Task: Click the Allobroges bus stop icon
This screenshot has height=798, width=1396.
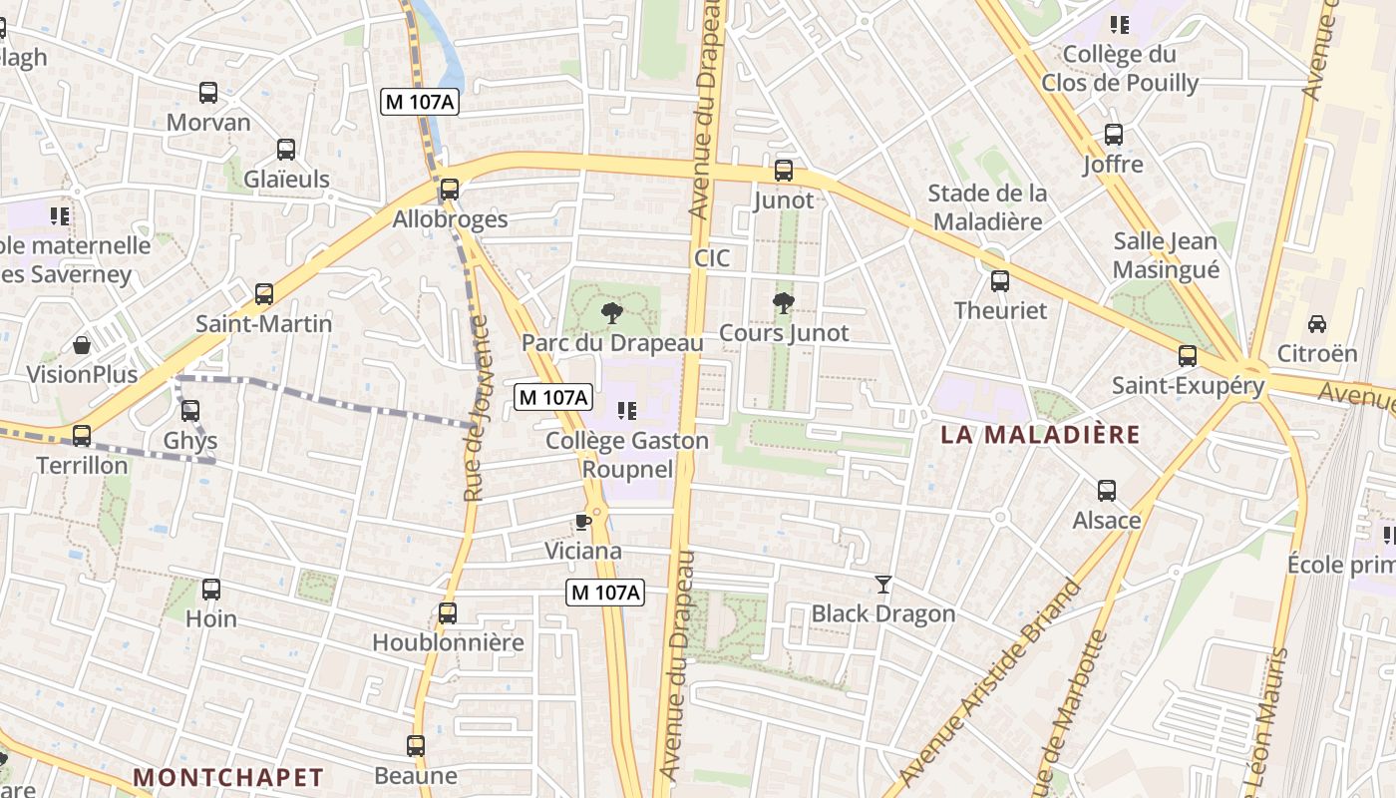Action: tap(450, 190)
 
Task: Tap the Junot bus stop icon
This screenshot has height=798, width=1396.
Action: tap(784, 171)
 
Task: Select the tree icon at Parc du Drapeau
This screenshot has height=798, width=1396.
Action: tap(612, 313)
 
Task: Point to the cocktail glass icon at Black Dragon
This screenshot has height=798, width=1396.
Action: tap(883, 585)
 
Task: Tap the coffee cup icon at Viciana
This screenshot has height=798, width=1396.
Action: tap(583, 522)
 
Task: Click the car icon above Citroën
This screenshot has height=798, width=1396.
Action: tap(1317, 324)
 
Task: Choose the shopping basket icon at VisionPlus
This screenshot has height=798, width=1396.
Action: tap(82, 346)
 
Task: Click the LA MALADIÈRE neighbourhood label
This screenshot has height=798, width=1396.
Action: tap(1040, 435)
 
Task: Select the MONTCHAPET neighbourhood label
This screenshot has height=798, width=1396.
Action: tap(228, 777)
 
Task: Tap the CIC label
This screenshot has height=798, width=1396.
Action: tap(712, 258)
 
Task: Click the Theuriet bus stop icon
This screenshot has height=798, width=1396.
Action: tap(1000, 281)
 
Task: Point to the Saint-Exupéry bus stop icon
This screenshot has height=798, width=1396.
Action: tap(1188, 356)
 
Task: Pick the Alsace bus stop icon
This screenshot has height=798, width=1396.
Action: tap(1107, 491)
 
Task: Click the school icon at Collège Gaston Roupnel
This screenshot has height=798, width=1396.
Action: tap(627, 410)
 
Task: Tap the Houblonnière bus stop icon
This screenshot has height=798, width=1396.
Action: tap(448, 613)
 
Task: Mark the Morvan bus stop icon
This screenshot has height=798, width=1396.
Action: tap(208, 93)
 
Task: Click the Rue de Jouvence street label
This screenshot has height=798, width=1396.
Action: tap(477, 409)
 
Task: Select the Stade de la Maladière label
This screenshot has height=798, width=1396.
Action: tap(987, 206)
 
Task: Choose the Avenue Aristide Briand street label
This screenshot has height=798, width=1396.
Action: tap(992, 683)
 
